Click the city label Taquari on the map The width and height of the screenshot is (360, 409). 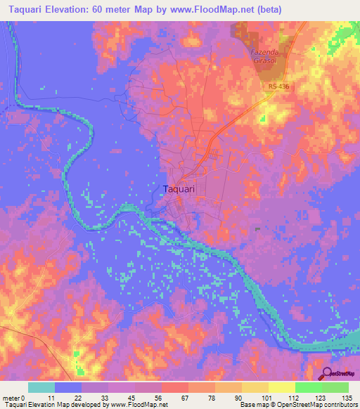[179, 188]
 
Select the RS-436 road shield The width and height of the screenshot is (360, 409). [278, 86]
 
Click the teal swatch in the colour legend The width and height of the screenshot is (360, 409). [41, 387]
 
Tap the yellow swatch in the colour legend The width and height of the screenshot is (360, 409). [281, 387]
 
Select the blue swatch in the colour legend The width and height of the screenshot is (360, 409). [68, 387]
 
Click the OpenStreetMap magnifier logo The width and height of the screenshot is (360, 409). [327, 374]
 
